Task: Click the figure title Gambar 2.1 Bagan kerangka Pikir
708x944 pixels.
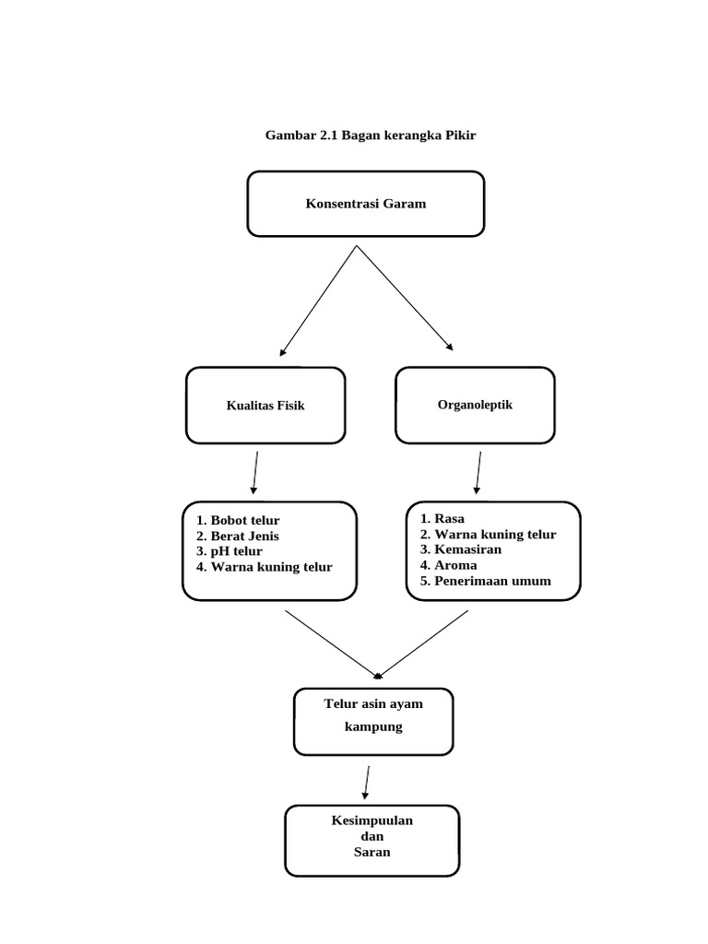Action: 371,135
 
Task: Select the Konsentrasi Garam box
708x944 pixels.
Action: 366,204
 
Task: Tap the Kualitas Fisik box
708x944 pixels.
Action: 265,406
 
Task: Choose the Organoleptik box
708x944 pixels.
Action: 475,406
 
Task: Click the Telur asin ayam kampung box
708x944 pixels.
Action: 373,721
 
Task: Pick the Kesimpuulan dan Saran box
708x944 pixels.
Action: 372,841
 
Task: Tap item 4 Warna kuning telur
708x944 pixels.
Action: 264,567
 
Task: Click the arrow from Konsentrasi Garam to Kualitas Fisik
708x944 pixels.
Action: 318,301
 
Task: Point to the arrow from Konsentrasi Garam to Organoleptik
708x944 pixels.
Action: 405,298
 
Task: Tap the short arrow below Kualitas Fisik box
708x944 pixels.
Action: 255,473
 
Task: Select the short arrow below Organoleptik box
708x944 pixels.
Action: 478,473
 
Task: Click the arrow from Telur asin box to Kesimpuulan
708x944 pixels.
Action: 367,783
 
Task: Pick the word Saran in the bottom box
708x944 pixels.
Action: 372,852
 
